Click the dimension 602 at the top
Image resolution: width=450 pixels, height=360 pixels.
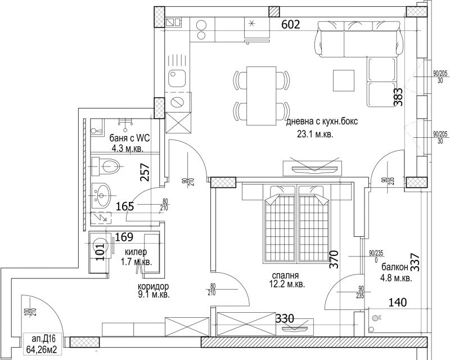(x=291, y=24)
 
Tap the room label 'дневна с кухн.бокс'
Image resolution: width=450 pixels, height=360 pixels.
(x=322, y=121)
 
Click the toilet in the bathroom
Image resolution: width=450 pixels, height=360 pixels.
(x=107, y=165)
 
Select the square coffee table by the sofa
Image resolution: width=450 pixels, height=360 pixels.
(x=344, y=80)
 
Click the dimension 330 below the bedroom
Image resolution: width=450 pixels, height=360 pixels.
(x=286, y=318)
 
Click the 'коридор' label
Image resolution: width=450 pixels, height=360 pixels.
(x=153, y=285)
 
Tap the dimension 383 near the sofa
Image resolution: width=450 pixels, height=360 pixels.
(x=397, y=98)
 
